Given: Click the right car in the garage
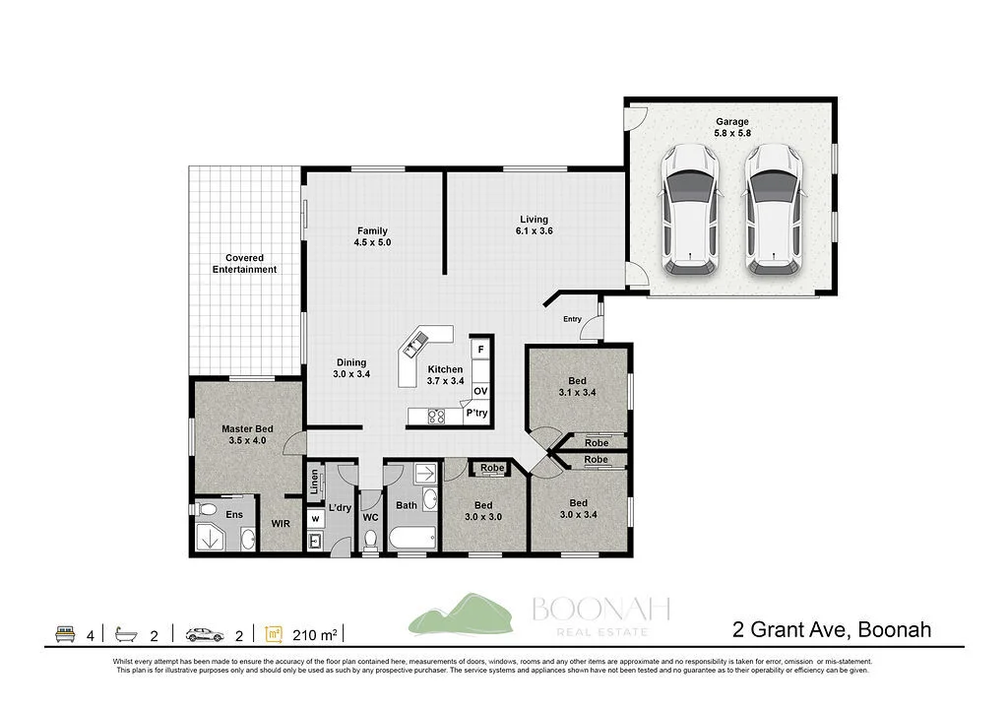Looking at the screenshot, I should point(774,210).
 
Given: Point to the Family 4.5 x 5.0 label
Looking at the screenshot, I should point(372,236).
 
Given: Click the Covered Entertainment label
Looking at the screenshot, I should point(244,264).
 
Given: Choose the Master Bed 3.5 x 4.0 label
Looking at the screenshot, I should point(247,435).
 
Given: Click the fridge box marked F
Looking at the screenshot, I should point(480,350).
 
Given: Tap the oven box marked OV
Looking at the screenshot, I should point(480,391).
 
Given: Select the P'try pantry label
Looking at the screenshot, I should point(477,414).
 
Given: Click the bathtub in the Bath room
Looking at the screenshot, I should point(411,539).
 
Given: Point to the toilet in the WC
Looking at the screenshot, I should point(370,540).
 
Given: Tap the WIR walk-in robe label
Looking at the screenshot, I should point(281,525).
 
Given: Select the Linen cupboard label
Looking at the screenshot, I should point(315,482).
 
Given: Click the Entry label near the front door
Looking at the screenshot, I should point(572,319).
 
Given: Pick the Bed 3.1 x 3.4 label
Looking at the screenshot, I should point(577,387).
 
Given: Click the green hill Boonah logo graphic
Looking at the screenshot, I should point(457,615).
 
